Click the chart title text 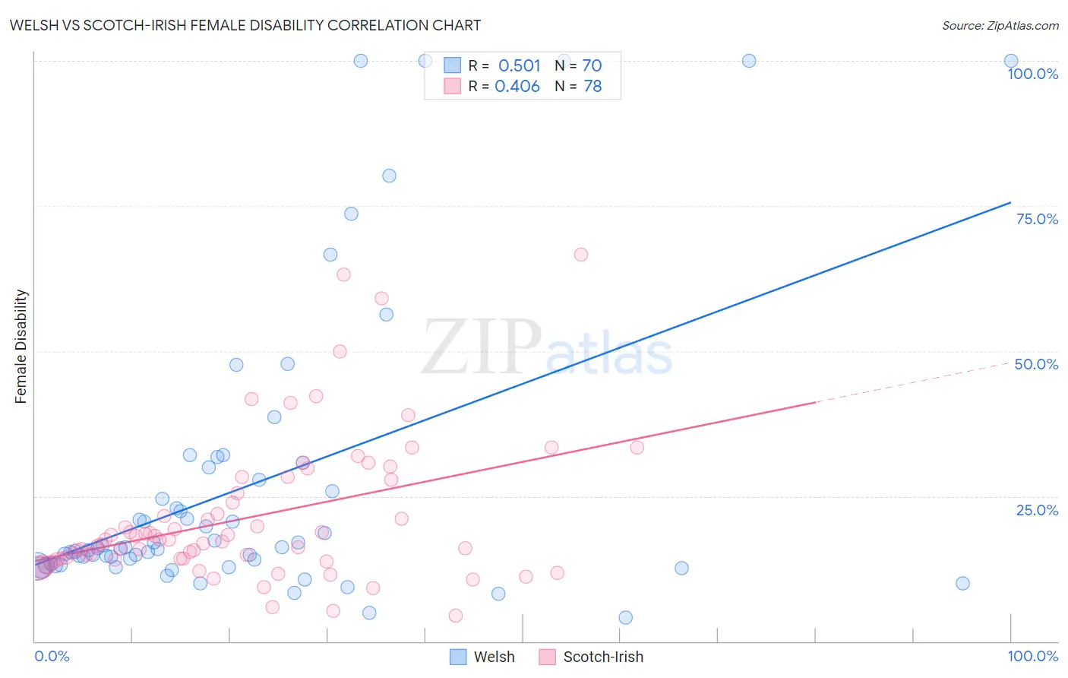tap(245, 25)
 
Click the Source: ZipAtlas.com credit tap(1000, 25)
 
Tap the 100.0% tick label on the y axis tap(1032, 74)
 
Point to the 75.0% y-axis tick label tap(1037, 219)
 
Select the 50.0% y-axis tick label tap(1036, 364)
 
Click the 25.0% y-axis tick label tap(1037, 510)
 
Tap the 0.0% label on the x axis tap(52, 656)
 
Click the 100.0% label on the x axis tap(1032, 656)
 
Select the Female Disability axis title tap(21, 347)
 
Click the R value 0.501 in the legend tap(520, 66)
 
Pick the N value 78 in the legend tap(592, 87)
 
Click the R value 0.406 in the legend tap(517, 87)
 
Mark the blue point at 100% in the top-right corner tap(1011, 61)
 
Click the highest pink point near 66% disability tap(581, 255)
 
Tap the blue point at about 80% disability tap(389, 176)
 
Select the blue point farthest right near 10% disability tap(962, 584)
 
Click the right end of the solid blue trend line tap(1010, 202)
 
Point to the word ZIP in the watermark tap(481, 347)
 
